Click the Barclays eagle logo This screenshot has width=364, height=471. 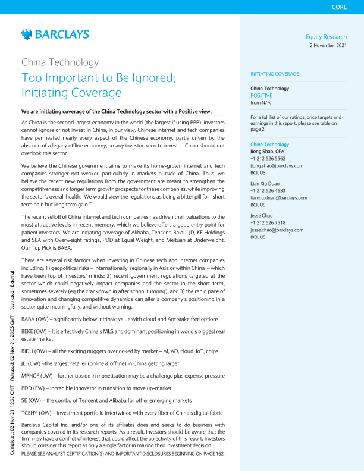click(26, 35)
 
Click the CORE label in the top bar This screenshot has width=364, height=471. click(340, 7)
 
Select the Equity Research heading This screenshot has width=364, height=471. click(326, 37)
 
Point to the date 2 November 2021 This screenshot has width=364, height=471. click(328, 46)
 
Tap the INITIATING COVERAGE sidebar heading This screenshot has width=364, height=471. click(275, 74)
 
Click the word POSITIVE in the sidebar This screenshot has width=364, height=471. click(262, 95)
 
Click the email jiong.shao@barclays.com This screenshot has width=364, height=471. click(277, 165)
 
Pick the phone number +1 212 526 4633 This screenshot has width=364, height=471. click(268, 190)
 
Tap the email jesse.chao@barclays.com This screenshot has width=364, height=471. click(277, 229)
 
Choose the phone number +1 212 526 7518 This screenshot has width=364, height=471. click(268, 222)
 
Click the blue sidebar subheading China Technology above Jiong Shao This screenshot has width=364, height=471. click(270, 145)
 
